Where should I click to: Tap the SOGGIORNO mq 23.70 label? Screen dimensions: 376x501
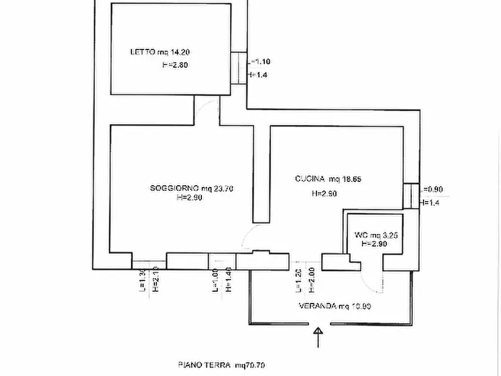191,189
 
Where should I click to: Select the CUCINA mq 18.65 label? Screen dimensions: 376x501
328,179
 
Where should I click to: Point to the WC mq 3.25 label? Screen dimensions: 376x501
376,236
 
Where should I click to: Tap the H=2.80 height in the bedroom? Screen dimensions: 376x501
174,65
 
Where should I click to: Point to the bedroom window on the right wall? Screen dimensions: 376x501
238,68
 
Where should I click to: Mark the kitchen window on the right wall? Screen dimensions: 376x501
411,195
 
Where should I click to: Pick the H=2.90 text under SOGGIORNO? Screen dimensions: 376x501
190,198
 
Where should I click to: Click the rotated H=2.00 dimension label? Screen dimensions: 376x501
311,279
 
